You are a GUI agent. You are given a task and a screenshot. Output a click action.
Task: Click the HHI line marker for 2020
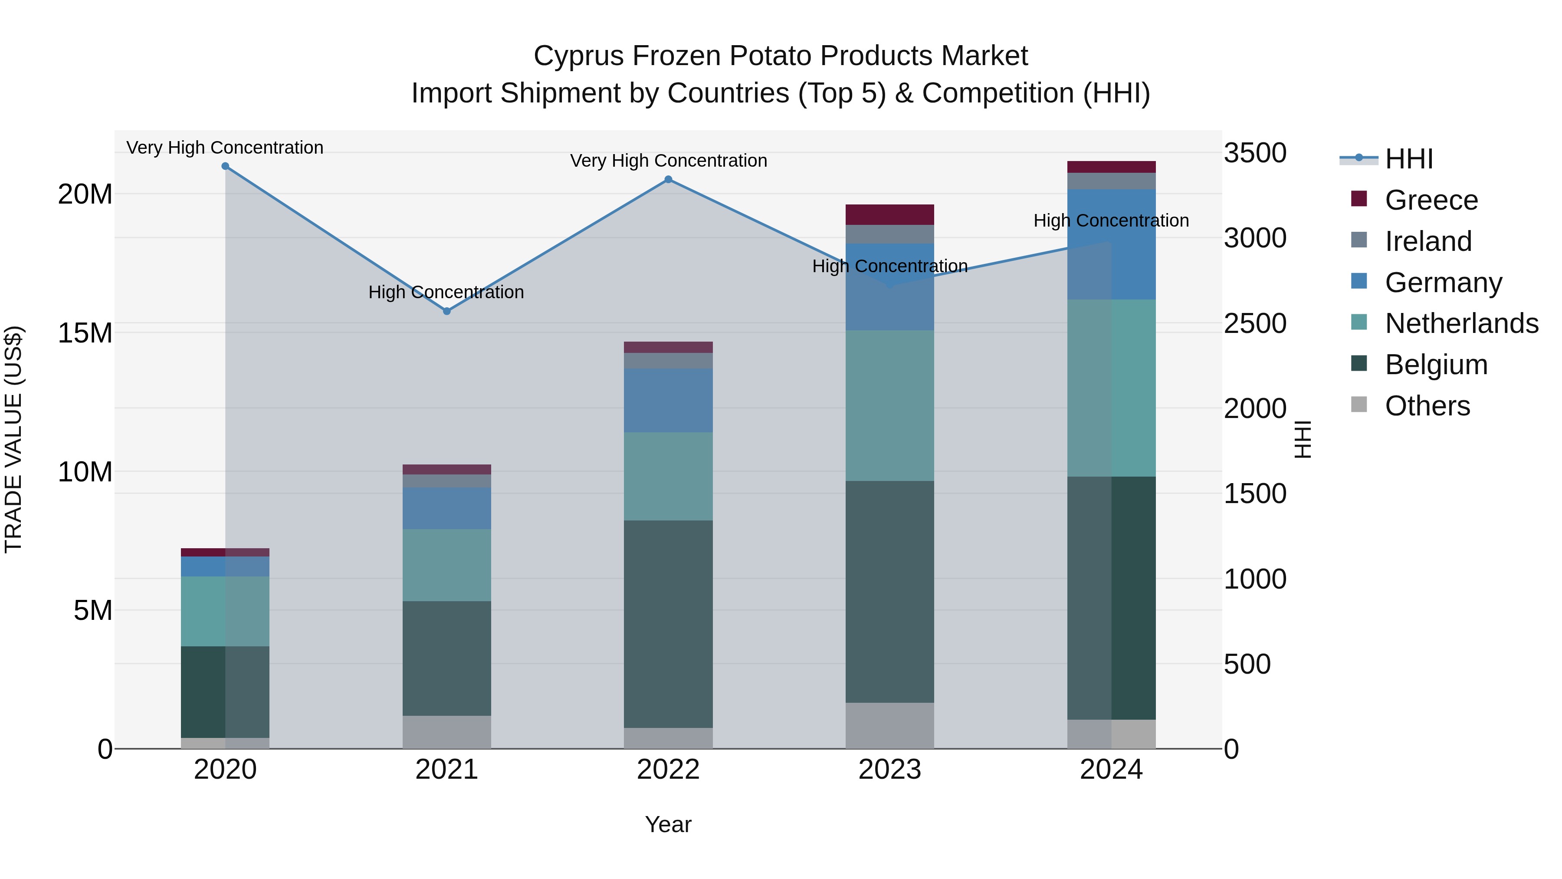pos(225,166)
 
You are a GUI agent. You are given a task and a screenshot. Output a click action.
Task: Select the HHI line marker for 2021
pos(447,311)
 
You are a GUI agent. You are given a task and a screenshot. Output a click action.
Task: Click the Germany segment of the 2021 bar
pos(447,508)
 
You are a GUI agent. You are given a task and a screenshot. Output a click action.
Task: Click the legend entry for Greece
pos(1431,200)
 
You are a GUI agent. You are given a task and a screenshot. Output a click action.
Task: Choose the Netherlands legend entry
pos(1461,323)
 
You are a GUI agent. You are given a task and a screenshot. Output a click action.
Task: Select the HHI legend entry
pos(1408,159)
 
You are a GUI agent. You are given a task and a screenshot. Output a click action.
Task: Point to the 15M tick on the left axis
pos(85,333)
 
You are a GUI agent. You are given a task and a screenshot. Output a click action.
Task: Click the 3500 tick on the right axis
pos(1254,153)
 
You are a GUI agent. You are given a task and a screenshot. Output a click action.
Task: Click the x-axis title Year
pos(668,824)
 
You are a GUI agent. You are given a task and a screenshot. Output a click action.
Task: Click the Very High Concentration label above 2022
pos(668,161)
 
